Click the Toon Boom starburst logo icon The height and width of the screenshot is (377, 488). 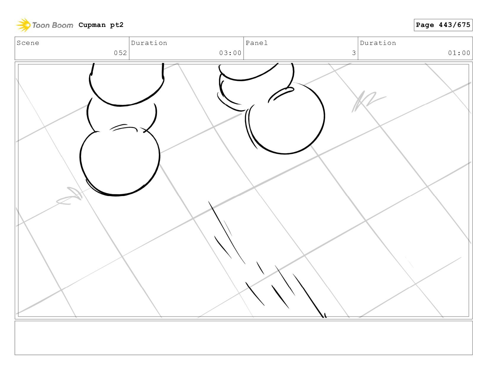[x=23, y=25]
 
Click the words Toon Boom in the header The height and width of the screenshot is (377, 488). [x=53, y=25]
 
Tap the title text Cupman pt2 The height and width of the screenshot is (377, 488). [x=101, y=25]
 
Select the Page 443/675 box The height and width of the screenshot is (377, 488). [x=443, y=25]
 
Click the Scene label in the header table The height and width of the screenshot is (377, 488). [x=28, y=43]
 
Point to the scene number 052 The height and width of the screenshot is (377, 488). [x=120, y=53]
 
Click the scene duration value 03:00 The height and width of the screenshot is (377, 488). [x=230, y=53]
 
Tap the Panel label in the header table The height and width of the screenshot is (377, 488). [x=257, y=43]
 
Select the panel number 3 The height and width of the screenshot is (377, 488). [x=354, y=53]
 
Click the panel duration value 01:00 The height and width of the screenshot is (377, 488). [x=459, y=53]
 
